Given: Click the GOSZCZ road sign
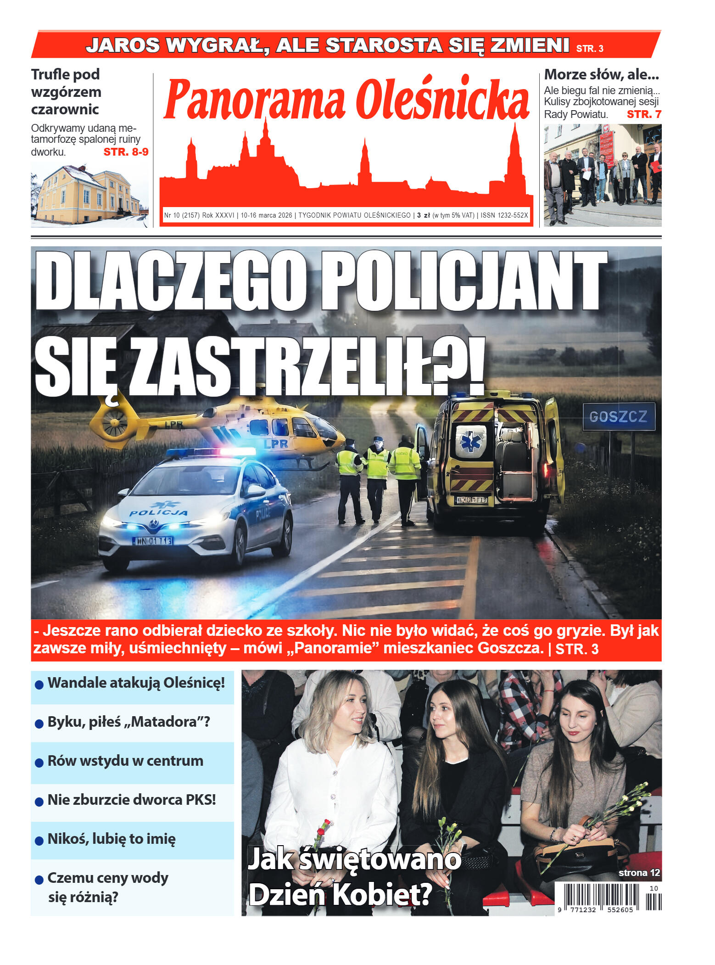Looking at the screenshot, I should click(618, 416).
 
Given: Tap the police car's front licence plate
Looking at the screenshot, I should click(153, 541).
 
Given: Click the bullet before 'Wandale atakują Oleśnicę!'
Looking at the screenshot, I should click(39, 684).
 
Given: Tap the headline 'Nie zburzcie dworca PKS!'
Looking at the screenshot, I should click(132, 800).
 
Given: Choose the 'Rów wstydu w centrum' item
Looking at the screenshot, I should click(125, 761).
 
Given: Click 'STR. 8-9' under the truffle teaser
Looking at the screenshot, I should click(126, 152).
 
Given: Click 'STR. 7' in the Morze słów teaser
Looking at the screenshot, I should click(644, 114).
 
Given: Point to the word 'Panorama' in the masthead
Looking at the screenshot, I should click(255, 100).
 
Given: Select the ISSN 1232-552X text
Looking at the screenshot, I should click(504, 215).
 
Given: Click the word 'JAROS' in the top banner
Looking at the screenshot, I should click(123, 45).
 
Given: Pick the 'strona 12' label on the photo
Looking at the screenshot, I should click(639, 873).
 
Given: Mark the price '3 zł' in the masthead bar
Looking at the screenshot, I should click(423, 215).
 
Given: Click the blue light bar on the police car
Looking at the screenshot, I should click(211, 452).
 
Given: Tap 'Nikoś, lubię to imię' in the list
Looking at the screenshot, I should click(112, 839).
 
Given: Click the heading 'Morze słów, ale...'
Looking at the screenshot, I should click(601, 74).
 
